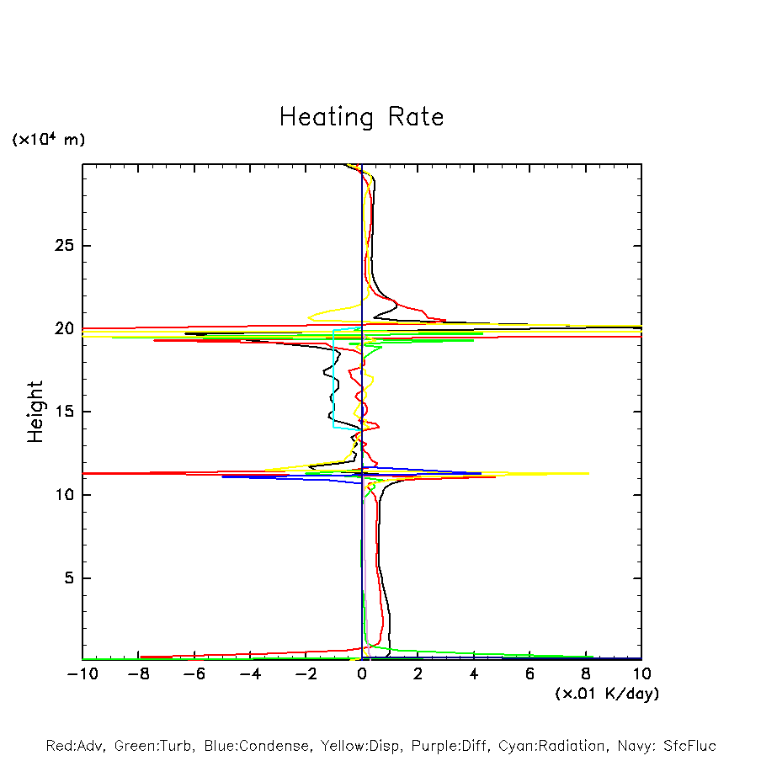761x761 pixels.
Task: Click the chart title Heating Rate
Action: (x=361, y=117)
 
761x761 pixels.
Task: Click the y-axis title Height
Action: (x=35, y=412)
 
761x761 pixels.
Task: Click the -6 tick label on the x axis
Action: (x=193, y=674)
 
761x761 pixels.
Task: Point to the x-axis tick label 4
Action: (x=474, y=674)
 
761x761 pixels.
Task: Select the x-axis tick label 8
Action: (x=586, y=674)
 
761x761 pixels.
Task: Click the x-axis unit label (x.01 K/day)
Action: (x=606, y=694)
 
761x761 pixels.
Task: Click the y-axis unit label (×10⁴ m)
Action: (x=48, y=140)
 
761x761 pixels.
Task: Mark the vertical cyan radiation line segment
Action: (x=334, y=379)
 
